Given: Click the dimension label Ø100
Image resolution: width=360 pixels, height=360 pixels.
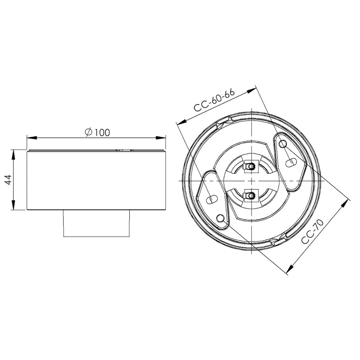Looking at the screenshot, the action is click(97, 132).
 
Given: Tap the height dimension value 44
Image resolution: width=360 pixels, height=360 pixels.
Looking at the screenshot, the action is click(8, 180).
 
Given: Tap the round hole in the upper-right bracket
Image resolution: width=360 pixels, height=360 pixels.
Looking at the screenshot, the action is click(283, 144).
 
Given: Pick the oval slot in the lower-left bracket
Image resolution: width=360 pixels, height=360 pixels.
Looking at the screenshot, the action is click(212, 199).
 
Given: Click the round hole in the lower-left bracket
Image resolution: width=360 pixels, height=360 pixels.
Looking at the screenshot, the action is click(221, 218).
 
